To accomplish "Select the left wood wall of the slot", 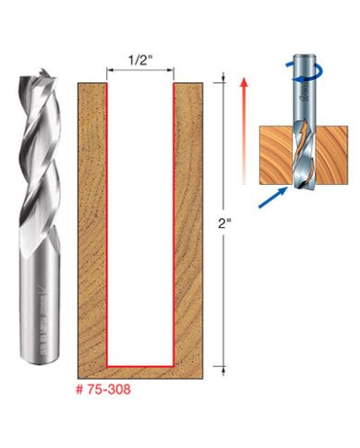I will [x=91, y=222].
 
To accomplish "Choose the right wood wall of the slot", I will [x=188, y=222].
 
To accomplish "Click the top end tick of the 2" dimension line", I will [x=224, y=81].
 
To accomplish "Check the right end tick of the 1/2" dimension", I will [x=174, y=68].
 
